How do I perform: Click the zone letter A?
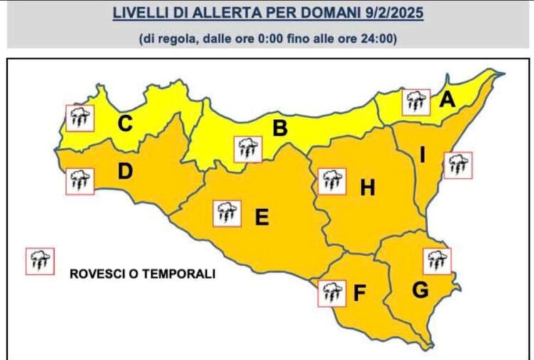[x=447, y=100]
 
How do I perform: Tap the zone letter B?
[x=280, y=129]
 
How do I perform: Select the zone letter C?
[x=125, y=124]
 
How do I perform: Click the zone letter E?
[x=262, y=217]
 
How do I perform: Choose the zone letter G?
[x=421, y=290]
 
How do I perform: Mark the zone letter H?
[x=367, y=189]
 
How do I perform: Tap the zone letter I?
[x=422, y=156]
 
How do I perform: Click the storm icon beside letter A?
[x=417, y=102]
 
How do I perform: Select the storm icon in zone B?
[x=248, y=149]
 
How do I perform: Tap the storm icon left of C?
[x=80, y=117]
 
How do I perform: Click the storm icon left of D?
[x=79, y=181]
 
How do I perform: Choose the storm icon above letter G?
[x=437, y=260]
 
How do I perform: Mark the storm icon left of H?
[x=332, y=181]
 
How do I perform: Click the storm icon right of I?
[x=458, y=165]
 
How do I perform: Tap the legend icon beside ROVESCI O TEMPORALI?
[x=39, y=261]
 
